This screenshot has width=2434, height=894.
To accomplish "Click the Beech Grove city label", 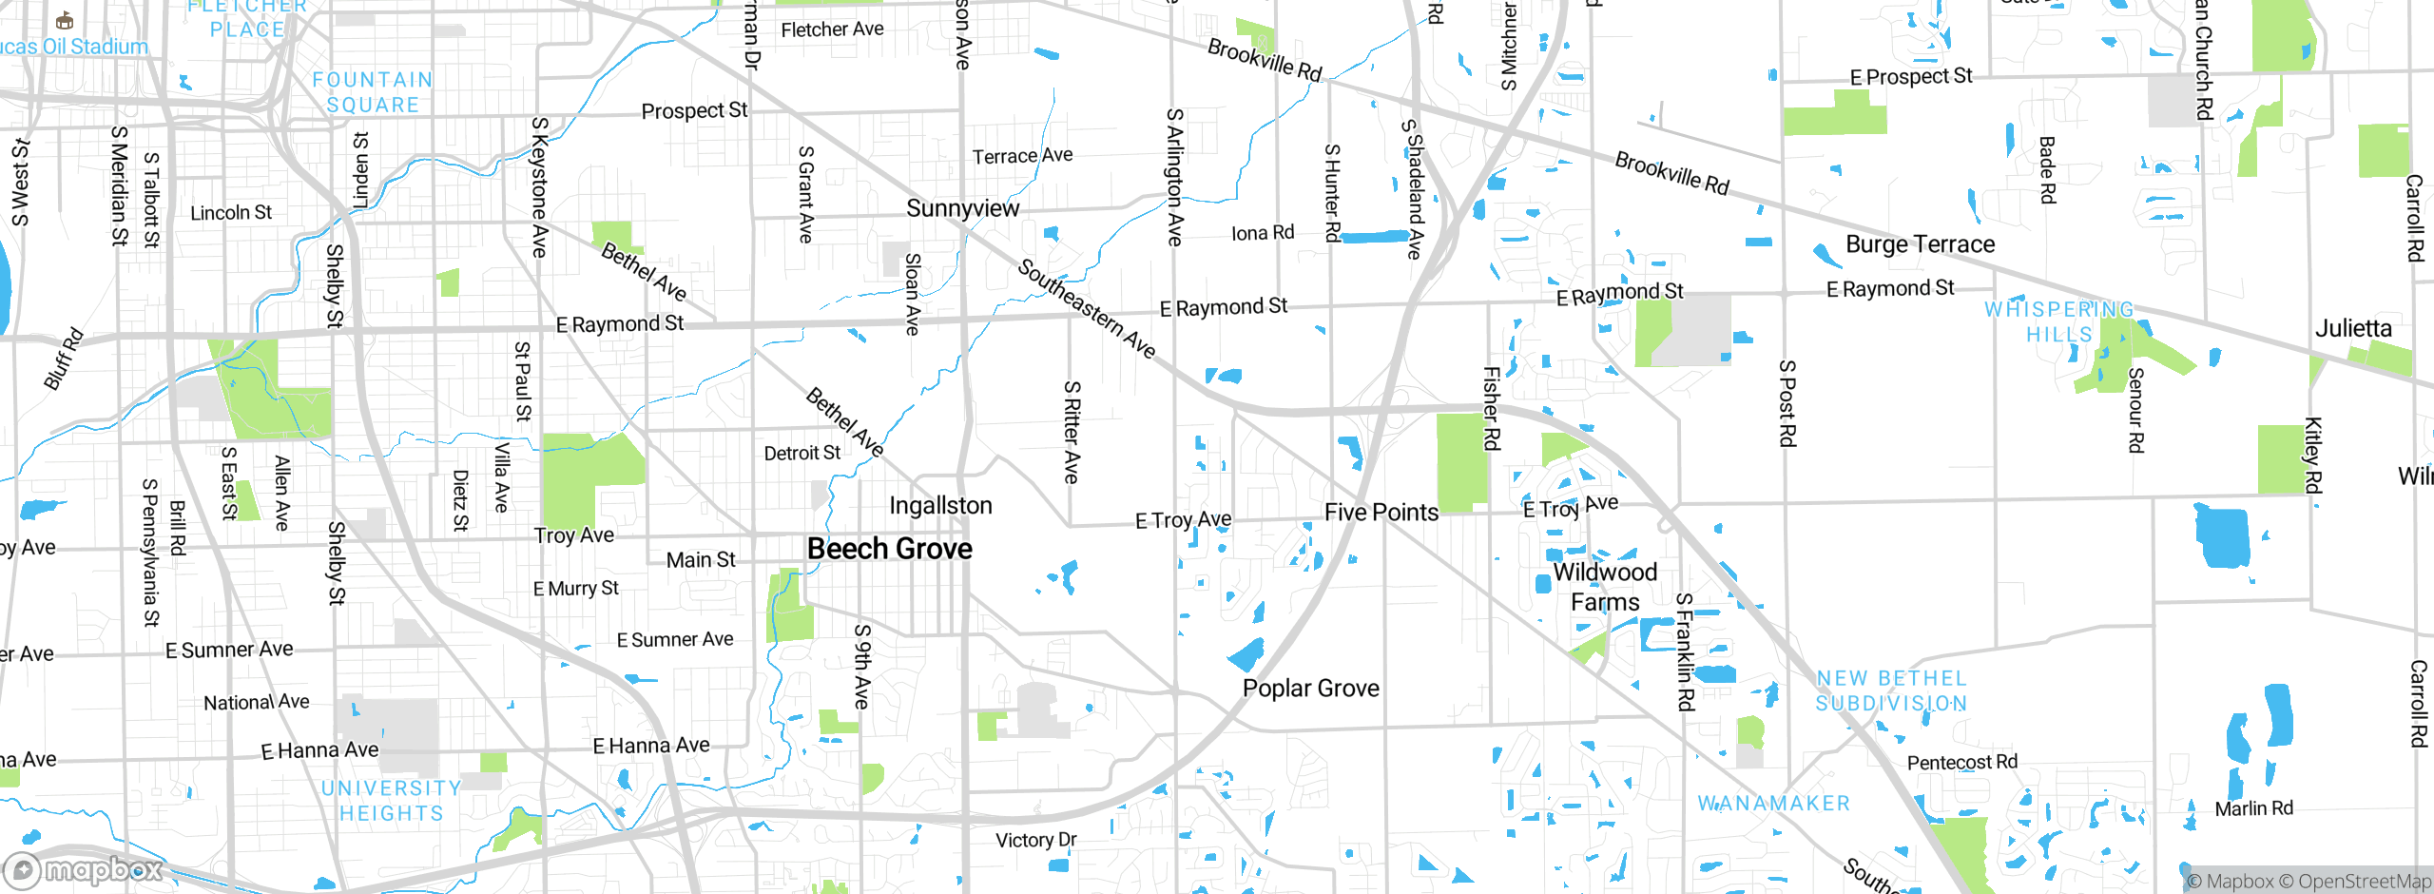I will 889,549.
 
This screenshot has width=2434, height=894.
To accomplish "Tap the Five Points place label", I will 1381,513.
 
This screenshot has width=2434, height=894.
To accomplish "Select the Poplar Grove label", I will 1310,689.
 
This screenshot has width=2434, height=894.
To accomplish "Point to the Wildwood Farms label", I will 1605,587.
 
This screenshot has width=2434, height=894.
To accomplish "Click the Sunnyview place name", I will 962,208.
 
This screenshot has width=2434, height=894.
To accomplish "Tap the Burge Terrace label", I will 1920,244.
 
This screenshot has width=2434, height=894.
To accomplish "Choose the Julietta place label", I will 2352,329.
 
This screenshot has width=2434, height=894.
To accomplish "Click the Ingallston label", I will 940,506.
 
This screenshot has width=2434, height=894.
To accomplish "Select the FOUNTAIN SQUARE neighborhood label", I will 373,92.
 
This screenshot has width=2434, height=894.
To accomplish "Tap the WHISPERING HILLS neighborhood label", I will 2058,321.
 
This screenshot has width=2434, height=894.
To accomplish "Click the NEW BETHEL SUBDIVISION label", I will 1891,690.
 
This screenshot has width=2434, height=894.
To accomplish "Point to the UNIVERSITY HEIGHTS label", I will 391,801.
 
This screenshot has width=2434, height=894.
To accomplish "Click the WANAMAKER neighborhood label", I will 1774,804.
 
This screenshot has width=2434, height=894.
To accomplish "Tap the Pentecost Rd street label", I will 1961,763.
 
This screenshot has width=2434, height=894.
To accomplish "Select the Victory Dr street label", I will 1035,840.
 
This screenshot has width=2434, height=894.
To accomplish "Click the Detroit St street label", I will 802,454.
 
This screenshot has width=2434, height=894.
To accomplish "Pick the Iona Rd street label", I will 1262,233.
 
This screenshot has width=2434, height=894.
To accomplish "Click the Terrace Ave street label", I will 1021,156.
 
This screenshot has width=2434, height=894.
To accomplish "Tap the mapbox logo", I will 84,869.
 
